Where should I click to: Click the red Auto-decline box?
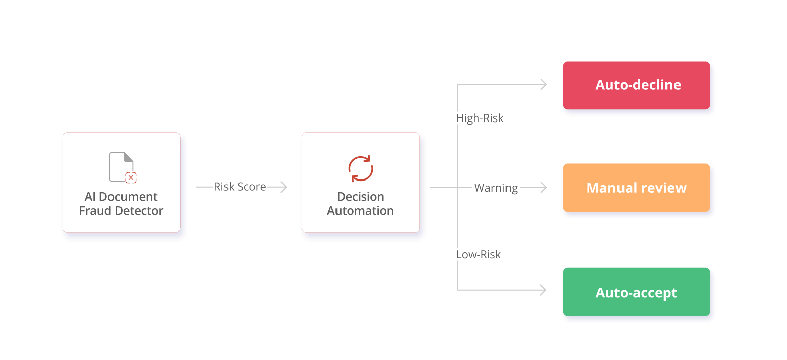pyautogui.click(x=636, y=85)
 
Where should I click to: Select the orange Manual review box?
pyautogui.click(x=636, y=188)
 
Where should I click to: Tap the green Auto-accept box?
pyautogui.click(x=636, y=292)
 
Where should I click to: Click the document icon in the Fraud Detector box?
pyautogui.click(x=122, y=166)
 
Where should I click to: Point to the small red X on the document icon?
pyautogui.click(x=131, y=177)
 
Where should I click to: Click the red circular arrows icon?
pyautogui.click(x=361, y=168)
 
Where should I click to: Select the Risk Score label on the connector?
pyautogui.click(x=241, y=187)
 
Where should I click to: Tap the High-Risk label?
pyautogui.click(x=480, y=118)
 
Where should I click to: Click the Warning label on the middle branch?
pyautogui.click(x=495, y=188)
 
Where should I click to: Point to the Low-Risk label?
pyautogui.click(x=479, y=254)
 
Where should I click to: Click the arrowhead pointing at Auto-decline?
pyautogui.click(x=543, y=85)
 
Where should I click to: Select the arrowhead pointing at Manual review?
pyautogui.click(x=543, y=188)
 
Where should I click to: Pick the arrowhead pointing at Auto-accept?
pyautogui.click(x=543, y=290)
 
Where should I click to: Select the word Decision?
pyautogui.click(x=361, y=197)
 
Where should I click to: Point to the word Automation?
pyautogui.click(x=361, y=211)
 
